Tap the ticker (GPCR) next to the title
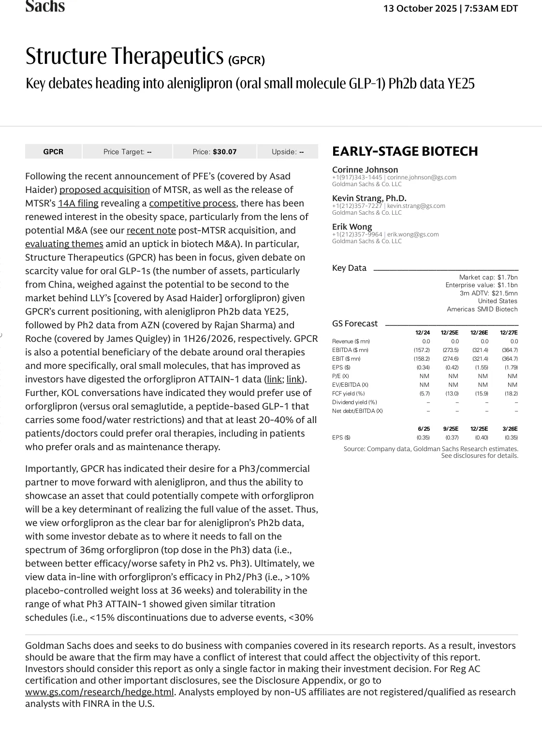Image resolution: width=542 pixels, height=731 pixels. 247,60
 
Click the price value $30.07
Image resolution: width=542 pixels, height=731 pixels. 224,152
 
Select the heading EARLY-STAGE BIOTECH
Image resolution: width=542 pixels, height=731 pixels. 405,151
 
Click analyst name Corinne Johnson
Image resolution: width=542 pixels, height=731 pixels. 365,170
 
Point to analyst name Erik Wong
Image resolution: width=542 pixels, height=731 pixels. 352,227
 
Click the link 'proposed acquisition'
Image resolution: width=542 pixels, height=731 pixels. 104,190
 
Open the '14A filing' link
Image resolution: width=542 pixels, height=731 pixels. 78,204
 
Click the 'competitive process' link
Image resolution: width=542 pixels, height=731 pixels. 192,204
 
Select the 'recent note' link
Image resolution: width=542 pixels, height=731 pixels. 151,231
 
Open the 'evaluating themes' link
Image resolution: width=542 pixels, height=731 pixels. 64,244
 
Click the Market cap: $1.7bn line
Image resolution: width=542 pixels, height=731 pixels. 488,277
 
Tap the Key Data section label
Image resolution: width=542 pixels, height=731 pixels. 349,268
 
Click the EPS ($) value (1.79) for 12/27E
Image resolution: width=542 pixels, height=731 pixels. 511,367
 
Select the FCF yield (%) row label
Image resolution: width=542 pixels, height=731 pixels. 348,394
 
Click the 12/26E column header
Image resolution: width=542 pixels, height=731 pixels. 479,333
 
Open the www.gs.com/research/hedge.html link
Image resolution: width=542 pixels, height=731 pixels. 100,692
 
